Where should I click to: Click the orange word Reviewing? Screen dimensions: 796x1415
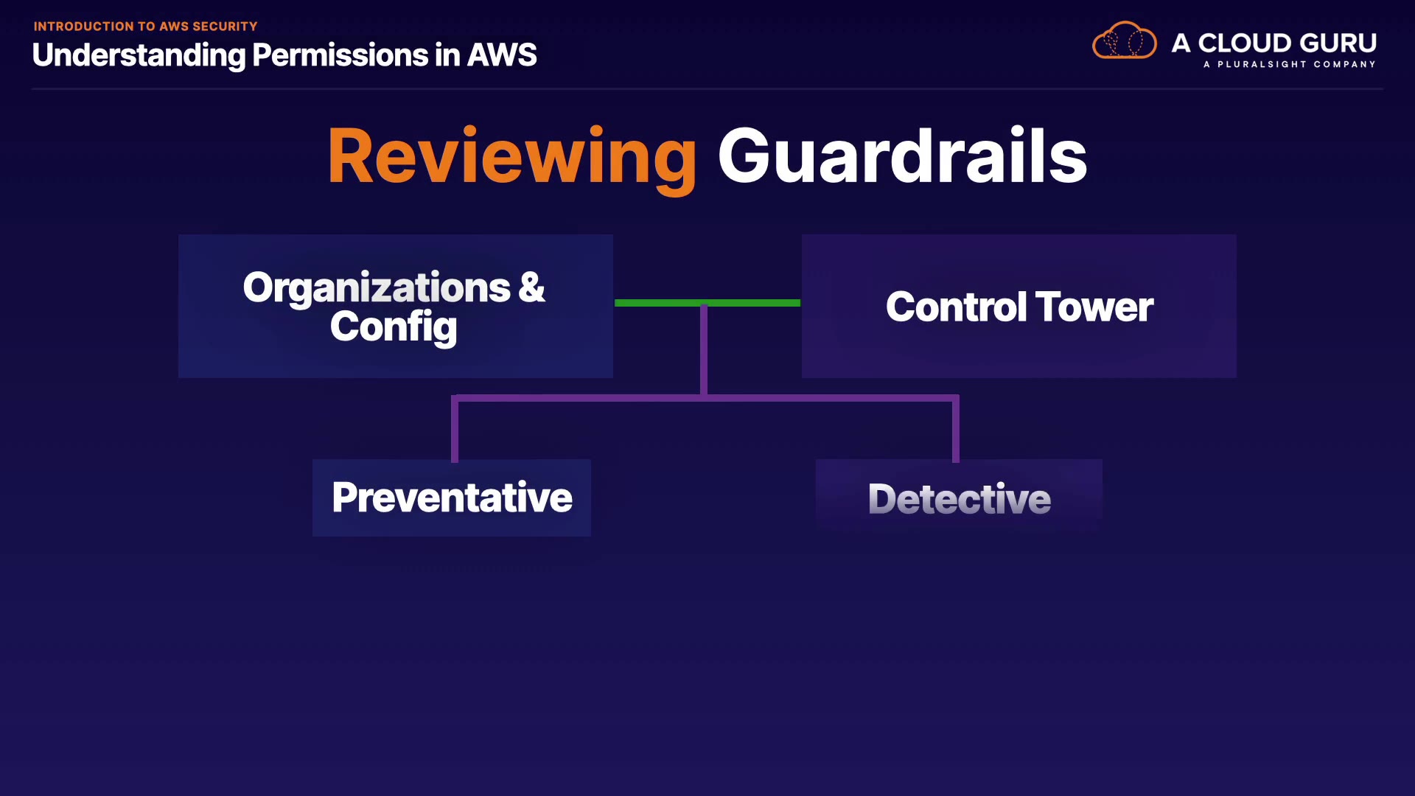[x=511, y=156]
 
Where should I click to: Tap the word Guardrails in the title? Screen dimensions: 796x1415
[x=902, y=156]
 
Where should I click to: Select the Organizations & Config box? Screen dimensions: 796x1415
[x=395, y=306]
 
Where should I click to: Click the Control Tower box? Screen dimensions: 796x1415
[x=1019, y=306]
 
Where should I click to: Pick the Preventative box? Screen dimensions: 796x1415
[x=451, y=497]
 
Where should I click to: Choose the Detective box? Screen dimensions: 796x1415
[x=959, y=497]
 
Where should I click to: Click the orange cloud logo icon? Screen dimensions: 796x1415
[x=1124, y=41]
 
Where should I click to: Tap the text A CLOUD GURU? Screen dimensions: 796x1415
[x=1273, y=43]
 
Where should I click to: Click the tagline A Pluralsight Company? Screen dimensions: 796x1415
[x=1289, y=65]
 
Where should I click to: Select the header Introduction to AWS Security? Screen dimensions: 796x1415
[x=145, y=27]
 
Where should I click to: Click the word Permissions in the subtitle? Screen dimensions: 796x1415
[x=340, y=55]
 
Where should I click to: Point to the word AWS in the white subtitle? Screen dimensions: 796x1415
[x=502, y=55]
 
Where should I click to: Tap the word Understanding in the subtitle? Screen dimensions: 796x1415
[x=139, y=55]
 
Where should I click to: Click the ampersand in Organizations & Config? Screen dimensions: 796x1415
[x=531, y=287]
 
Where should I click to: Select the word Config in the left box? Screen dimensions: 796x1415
[x=394, y=327]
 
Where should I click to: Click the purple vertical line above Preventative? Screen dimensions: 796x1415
[x=455, y=430]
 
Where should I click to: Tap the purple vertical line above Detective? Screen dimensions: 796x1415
[x=956, y=430]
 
